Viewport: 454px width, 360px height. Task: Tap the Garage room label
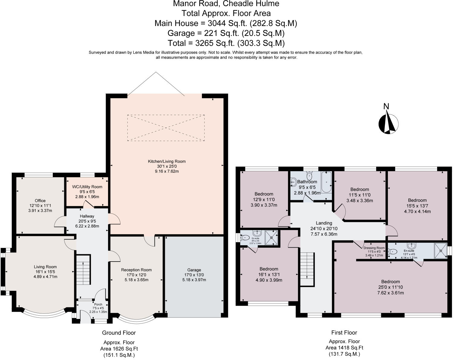pyautogui.click(x=194, y=270)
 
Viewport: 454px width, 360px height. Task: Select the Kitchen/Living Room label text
pyautogui.click(x=167, y=161)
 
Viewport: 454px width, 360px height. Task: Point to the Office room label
pyautogui.click(x=40, y=201)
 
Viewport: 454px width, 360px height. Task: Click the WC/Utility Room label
pyautogui.click(x=87, y=187)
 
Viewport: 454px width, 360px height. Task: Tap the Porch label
pyautogui.click(x=98, y=304)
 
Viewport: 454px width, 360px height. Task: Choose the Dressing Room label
pyautogui.click(x=374, y=248)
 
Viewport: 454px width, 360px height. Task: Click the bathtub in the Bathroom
pyautogui.click(x=326, y=182)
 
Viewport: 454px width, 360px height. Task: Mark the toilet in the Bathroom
pyautogui.click(x=309, y=175)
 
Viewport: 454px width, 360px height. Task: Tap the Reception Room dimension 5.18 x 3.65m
pyautogui.click(x=136, y=280)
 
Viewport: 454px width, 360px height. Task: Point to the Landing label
pyautogui.click(x=324, y=223)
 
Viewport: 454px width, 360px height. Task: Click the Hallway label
pyautogui.click(x=87, y=216)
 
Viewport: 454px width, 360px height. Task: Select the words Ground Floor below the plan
pyautogui.click(x=119, y=333)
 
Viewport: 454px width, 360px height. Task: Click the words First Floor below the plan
pyautogui.click(x=344, y=333)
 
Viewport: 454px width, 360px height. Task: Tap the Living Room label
pyautogui.click(x=45, y=267)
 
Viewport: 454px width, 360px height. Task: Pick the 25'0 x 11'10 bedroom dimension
pyautogui.click(x=391, y=287)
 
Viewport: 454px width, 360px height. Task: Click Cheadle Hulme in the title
pyautogui.click(x=251, y=4)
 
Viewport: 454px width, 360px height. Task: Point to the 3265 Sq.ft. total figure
pyautogui.click(x=215, y=43)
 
